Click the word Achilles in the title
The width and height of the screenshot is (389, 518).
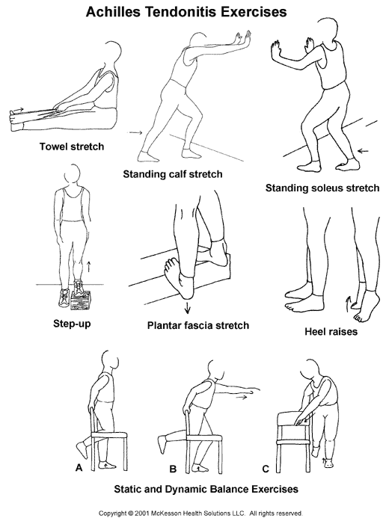[x=114, y=12]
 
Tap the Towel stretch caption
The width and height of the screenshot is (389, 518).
[x=72, y=147]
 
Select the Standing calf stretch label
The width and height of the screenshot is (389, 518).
[x=173, y=174]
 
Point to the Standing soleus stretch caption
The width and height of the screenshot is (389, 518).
[x=322, y=188]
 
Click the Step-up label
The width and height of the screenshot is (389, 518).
[x=72, y=324]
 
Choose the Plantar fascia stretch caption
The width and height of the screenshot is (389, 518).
[x=198, y=325]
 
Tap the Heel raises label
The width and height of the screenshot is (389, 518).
[x=331, y=331]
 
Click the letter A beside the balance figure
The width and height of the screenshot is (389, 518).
[x=79, y=468]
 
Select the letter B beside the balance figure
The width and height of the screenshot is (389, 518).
[x=173, y=469]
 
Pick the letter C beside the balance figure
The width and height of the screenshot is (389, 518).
[x=266, y=469]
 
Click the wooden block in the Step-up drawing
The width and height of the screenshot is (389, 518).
[x=81, y=300]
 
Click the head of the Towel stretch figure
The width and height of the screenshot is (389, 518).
[x=112, y=53]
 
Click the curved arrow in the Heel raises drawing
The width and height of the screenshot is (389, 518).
[x=348, y=303]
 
